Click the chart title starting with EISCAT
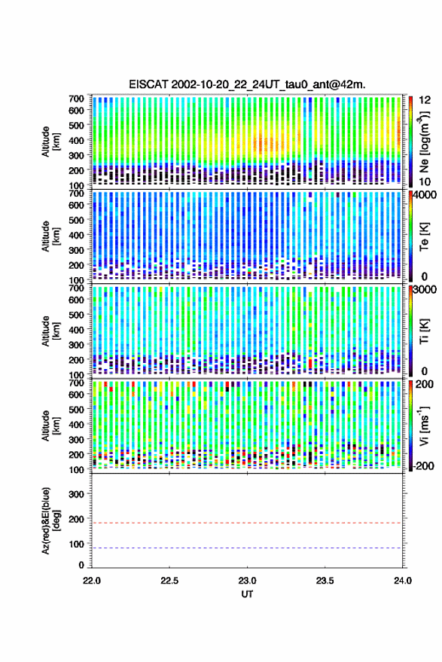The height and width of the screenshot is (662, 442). pyautogui.click(x=247, y=84)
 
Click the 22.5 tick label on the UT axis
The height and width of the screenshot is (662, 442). pyautogui.click(x=169, y=581)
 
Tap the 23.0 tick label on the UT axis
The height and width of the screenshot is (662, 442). pyautogui.click(x=247, y=581)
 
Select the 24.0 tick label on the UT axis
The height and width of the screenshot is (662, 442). pyautogui.click(x=402, y=581)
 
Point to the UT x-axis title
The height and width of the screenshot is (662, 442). pyautogui.click(x=247, y=594)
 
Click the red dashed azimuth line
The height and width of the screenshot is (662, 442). pyautogui.click(x=247, y=523)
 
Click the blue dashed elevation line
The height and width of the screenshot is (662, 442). pyautogui.click(x=247, y=548)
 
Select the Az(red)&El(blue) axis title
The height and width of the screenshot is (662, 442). pyautogui.click(x=50, y=520)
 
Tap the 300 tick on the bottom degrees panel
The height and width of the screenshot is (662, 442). pyautogui.click(x=76, y=494)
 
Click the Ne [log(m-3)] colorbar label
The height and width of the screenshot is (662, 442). pyautogui.click(x=424, y=142)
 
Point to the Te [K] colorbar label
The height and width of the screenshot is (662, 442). pyautogui.click(x=424, y=236)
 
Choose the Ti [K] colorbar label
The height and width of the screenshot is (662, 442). pyautogui.click(x=424, y=331)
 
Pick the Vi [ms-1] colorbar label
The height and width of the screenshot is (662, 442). pyautogui.click(x=424, y=426)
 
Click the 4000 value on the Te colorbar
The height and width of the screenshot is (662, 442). pyautogui.click(x=425, y=196)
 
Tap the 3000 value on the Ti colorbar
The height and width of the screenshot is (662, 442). pyautogui.click(x=425, y=290)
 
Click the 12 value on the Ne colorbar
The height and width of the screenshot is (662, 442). pyautogui.click(x=425, y=100)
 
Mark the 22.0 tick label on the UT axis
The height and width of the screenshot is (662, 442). pyautogui.click(x=92, y=581)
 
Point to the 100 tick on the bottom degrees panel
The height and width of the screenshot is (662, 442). pyautogui.click(x=76, y=544)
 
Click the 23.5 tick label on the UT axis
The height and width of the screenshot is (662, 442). pyautogui.click(x=325, y=581)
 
